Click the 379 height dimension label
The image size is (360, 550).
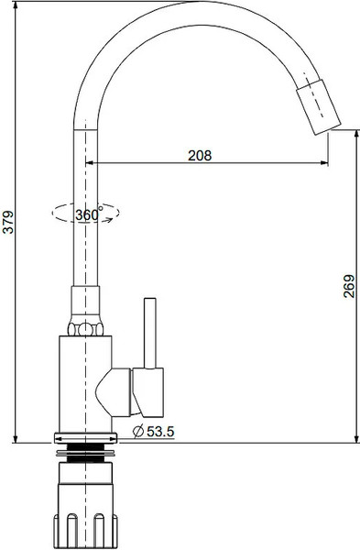tap(7, 222)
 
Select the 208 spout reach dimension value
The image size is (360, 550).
tap(200, 156)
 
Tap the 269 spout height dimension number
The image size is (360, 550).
tap(349, 286)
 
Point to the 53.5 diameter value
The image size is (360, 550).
tap(160, 432)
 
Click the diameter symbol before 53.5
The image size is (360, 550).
tap(139, 431)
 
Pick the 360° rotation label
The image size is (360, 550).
tap(89, 214)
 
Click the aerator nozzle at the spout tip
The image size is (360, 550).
tap(318, 107)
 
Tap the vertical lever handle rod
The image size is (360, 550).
tap(150, 334)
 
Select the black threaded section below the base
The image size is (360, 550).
tap(85, 453)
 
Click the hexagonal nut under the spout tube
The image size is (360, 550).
tap(85, 329)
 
